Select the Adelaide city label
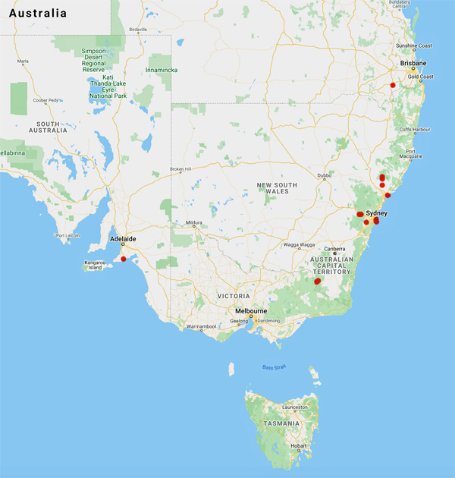(123, 238)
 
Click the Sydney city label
(377, 213)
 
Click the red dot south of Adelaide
(124, 259)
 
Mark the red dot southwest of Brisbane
(393, 85)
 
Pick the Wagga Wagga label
(293, 245)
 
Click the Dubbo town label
(324, 175)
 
